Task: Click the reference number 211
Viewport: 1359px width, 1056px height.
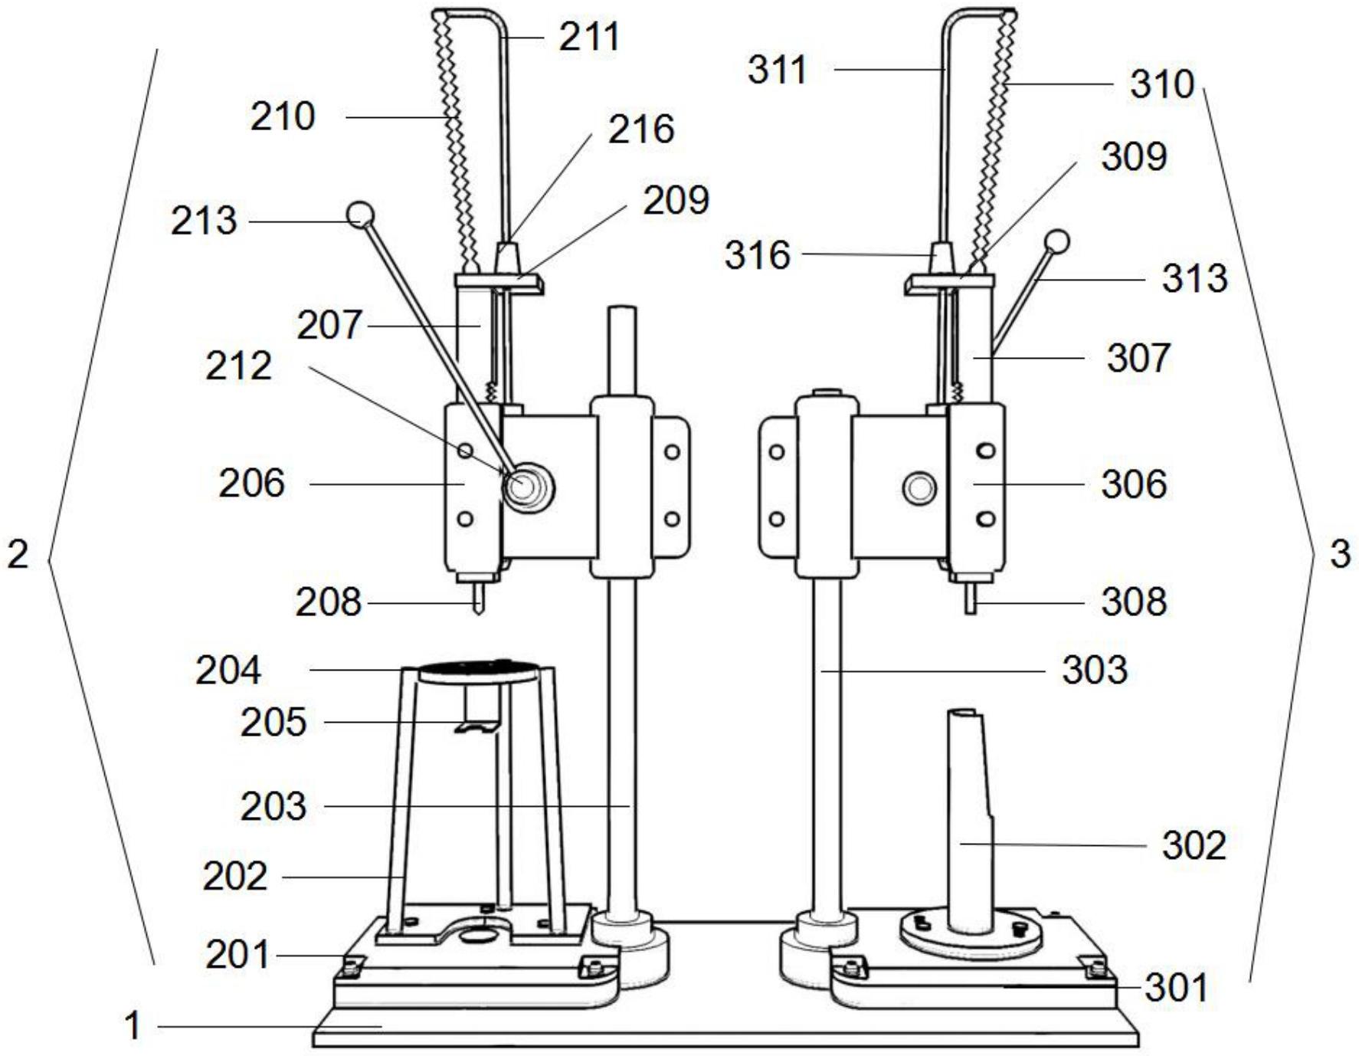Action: [588, 36]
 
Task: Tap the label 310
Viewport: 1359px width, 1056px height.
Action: [1161, 84]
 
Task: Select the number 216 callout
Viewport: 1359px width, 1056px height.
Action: [641, 129]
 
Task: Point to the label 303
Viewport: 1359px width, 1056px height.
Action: [1095, 670]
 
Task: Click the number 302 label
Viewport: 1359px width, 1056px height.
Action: [1194, 845]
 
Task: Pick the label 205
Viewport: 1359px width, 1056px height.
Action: [273, 722]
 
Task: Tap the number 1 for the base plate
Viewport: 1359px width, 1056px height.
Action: [133, 1025]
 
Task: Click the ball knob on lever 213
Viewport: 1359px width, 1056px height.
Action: [360, 214]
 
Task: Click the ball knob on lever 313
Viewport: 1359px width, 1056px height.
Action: [1057, 242]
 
